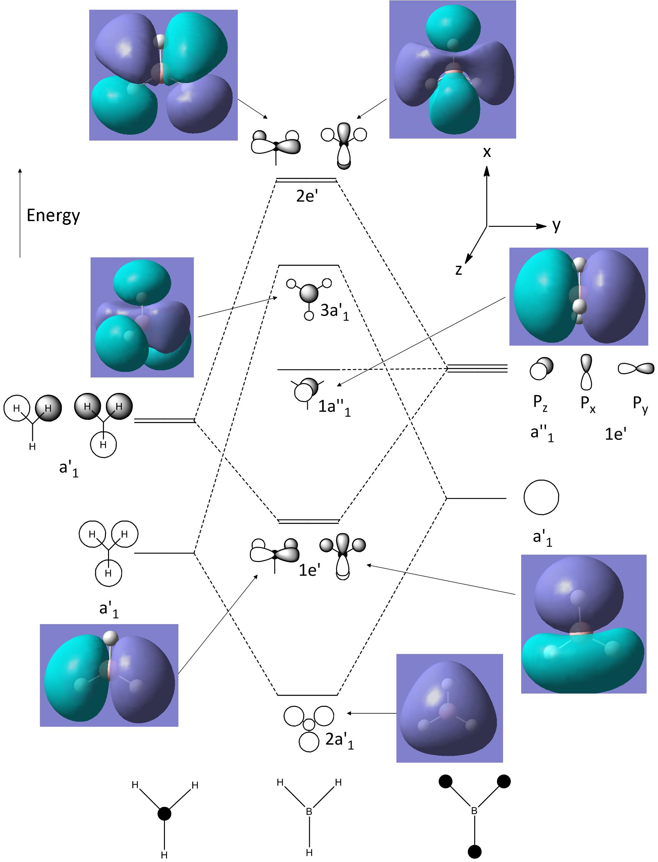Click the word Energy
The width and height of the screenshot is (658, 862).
point(53,215)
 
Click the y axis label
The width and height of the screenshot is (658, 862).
point(556,225)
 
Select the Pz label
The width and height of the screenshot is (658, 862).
point(540,402)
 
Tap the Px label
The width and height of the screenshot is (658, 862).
point(588,403)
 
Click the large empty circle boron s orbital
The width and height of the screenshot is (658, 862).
point(541,497)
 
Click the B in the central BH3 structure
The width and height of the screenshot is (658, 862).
point(309,811)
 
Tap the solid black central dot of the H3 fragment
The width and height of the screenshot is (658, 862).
point(164,814)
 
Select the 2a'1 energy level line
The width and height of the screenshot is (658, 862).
point(308,695)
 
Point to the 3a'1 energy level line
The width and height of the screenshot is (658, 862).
point(308,266)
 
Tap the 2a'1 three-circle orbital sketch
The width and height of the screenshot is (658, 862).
point(309,727)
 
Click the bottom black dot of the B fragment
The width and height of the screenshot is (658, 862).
point(475,851)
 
